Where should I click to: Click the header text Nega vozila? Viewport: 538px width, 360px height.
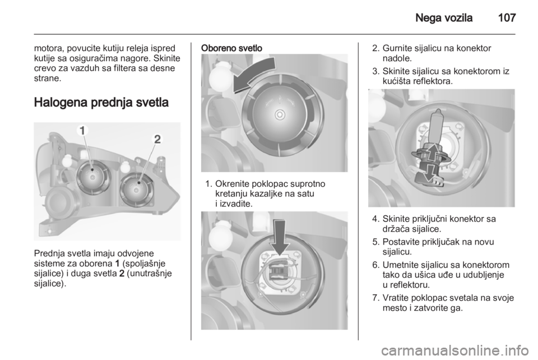444,17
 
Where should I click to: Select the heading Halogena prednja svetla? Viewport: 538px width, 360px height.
101,102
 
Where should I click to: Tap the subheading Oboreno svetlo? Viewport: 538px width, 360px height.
231,48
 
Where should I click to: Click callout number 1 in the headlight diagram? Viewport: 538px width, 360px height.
83,131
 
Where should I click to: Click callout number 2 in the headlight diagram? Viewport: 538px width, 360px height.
157,139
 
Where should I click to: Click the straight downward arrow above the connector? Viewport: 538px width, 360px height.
280,237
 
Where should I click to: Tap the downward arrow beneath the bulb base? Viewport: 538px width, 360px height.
426,174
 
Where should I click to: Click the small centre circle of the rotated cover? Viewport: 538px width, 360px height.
280,114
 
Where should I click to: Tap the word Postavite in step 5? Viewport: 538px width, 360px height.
400,242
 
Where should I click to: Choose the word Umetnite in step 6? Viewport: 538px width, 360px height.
399,265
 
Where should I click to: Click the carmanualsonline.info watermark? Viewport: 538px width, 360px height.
455,350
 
